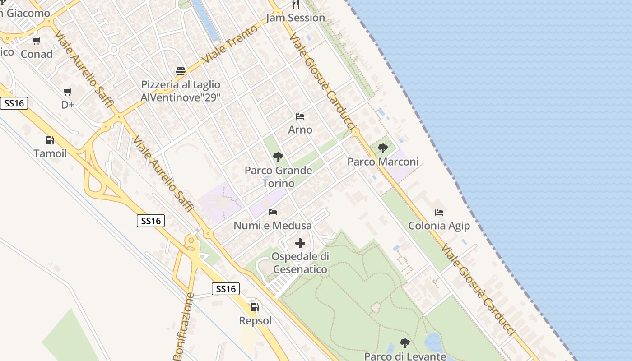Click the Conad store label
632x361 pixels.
coord(37,54)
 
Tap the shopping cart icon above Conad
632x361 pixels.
coord(37,41)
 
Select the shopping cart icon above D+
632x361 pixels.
coord(68,92)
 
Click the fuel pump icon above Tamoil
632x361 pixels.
coord(50,140)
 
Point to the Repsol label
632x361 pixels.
coord(255,321)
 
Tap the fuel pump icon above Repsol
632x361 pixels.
coord(255,308)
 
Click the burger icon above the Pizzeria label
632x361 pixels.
coord(181,71)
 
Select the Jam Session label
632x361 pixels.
coord(295,18)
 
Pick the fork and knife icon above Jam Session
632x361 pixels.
coord(296,5)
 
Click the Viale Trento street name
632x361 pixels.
coord(230,44)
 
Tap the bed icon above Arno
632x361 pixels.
coord(300,116)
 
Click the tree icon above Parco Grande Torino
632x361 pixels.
coord(278,157)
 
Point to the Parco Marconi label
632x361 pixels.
coord(383,162)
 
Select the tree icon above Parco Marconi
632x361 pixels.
coord(383,148)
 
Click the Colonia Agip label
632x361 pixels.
coord(439,226)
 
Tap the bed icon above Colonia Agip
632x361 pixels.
coord(439,212)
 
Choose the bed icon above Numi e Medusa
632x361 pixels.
coord(273,212)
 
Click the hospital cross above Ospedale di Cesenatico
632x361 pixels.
coord(300,244)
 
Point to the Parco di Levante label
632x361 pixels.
coord(405,356)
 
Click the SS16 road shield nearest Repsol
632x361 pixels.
coord(226,289)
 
